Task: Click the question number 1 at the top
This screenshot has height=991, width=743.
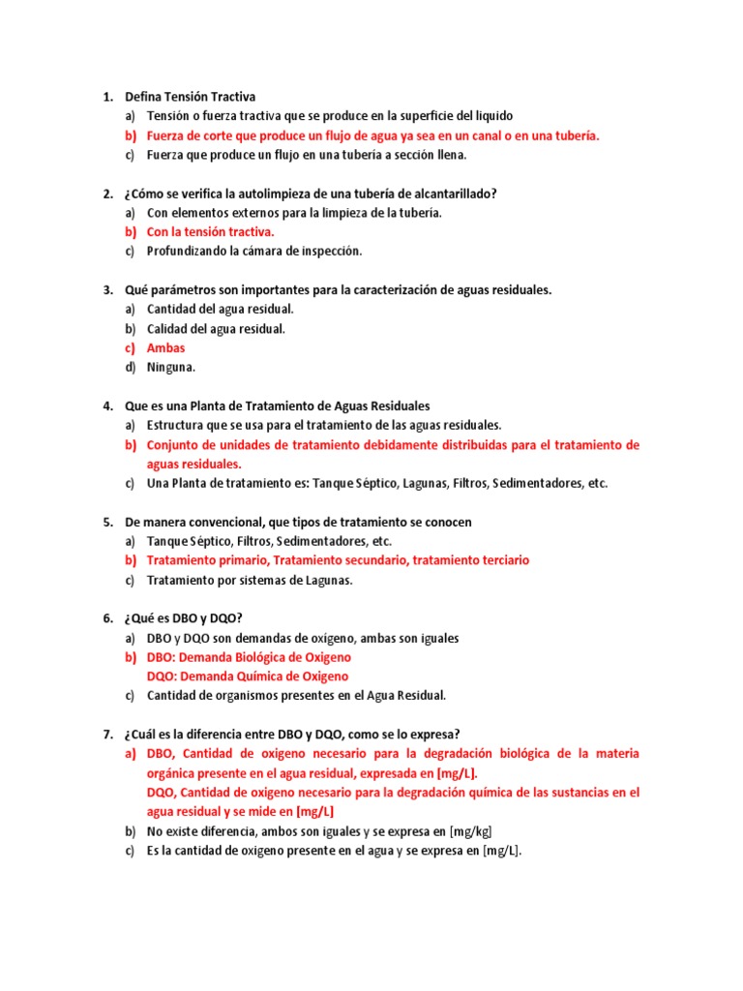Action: click(107, 97)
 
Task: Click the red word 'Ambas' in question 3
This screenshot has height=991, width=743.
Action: click(165, 348)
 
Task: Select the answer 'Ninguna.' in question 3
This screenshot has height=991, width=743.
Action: click(171, 368)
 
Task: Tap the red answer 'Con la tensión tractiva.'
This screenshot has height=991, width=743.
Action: click(211, 232)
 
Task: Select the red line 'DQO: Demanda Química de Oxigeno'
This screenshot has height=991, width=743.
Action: click(248, 677)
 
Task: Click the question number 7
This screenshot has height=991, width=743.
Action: click(107, 735)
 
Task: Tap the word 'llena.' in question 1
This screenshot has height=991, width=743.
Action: click(450, 155)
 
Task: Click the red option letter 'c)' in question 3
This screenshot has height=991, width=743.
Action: click(130, 348)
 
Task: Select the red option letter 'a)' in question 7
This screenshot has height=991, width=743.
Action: click(130, 754)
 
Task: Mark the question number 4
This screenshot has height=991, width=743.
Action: click(107, 406)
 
